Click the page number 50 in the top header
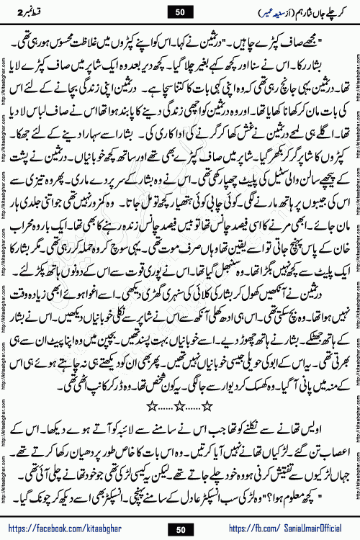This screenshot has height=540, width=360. point(179,12)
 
